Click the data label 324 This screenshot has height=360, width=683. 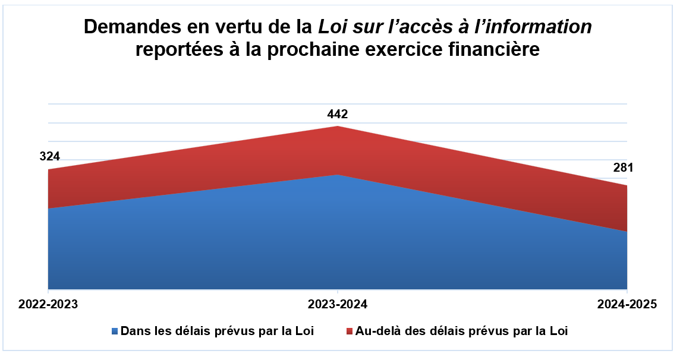click(x=50, y=157)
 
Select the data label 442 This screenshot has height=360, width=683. click(x=338, y=114)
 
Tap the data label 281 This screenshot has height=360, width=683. click(x=624, y=168)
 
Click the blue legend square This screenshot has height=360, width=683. click(x=115, y=331)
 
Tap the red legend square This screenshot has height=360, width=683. click(x=350, y=331)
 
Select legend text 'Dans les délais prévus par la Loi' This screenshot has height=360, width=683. click(x=217, y=331)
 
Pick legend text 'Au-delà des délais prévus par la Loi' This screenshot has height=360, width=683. click(x=461, y=331)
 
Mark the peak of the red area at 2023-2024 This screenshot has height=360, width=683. click(x=338, y=127)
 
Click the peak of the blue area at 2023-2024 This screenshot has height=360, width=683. click(x=338, y=176)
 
